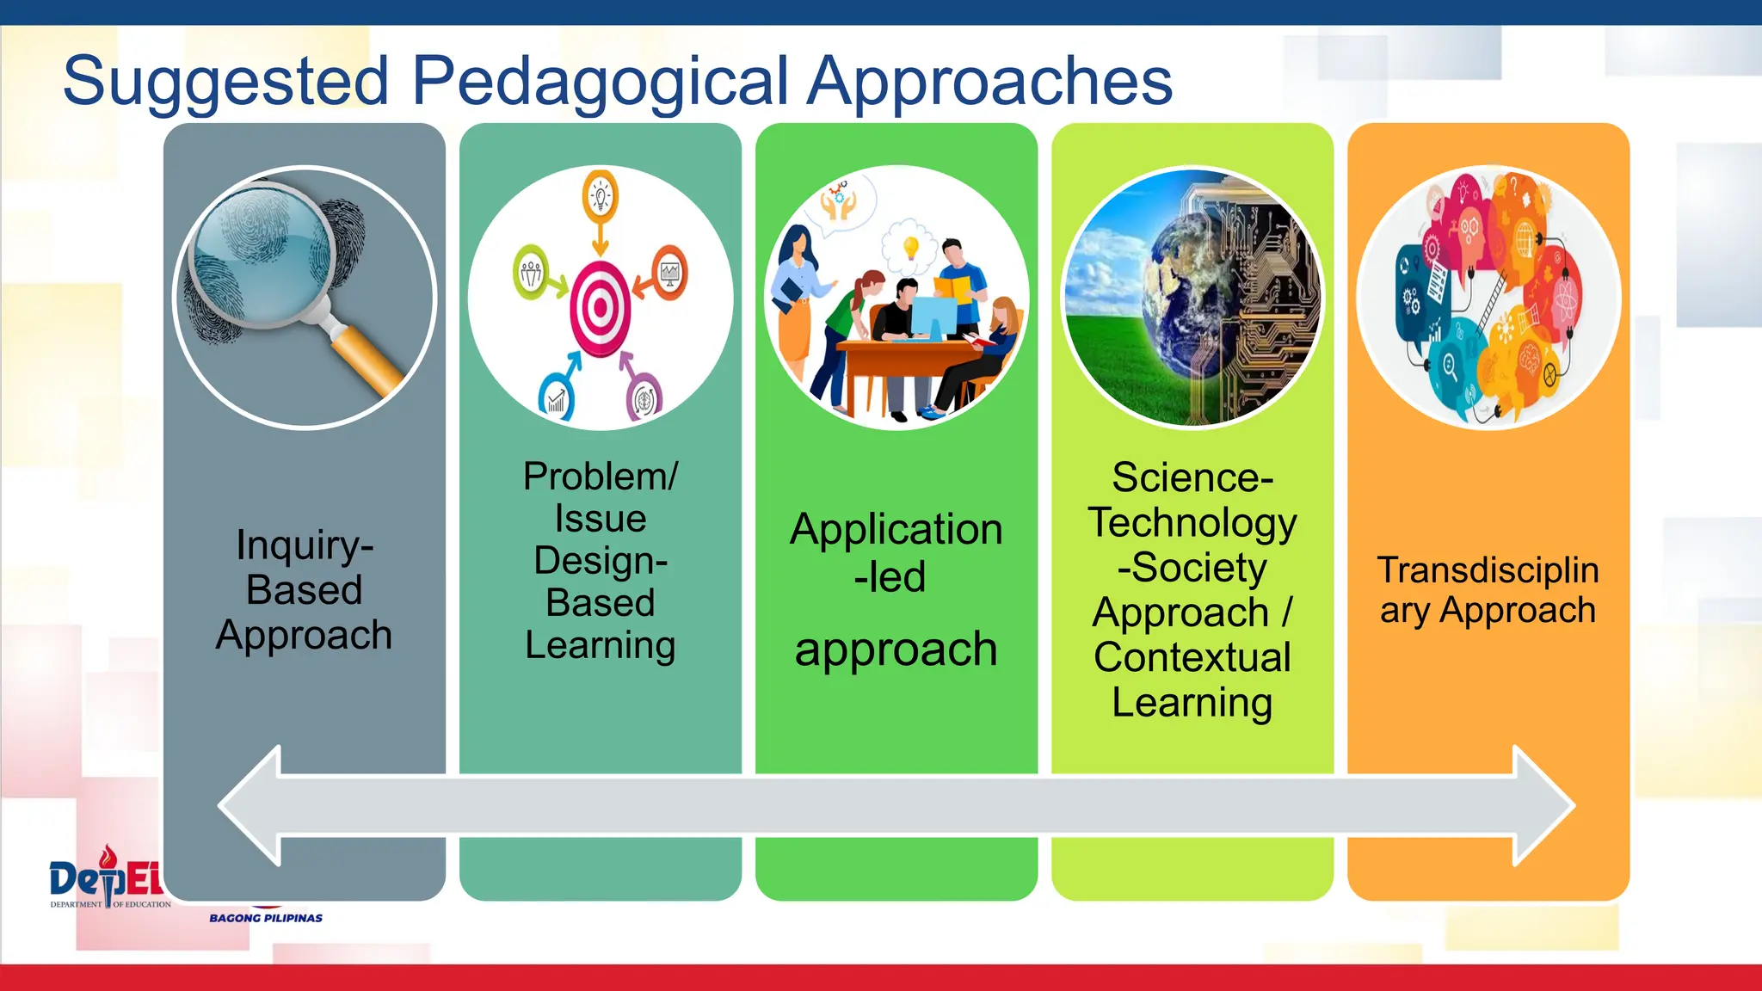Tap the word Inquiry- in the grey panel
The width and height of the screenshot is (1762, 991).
click(x=305, y=545)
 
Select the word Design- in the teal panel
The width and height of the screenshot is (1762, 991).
click(x=601, y=561)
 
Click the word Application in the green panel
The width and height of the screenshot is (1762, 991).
click(x=896, y=529)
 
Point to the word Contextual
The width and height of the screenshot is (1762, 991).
click(x=1192, y=657)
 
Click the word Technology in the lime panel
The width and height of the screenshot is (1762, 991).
click(x=1192, y=523)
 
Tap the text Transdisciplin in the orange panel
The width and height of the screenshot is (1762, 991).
click(x=1488, y=569)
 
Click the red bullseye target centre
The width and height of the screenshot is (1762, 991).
click(x=601, y=308)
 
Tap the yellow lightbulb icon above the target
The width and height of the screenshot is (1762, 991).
click(x=601, y=197)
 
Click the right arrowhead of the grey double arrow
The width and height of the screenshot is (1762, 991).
click(x=1544, y=806)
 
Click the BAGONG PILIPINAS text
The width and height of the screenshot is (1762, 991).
click(x=266, y=918)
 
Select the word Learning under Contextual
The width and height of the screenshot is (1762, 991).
click(x=1192, y=702)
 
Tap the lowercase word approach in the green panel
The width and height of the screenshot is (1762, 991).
click(x=896, y=649)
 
